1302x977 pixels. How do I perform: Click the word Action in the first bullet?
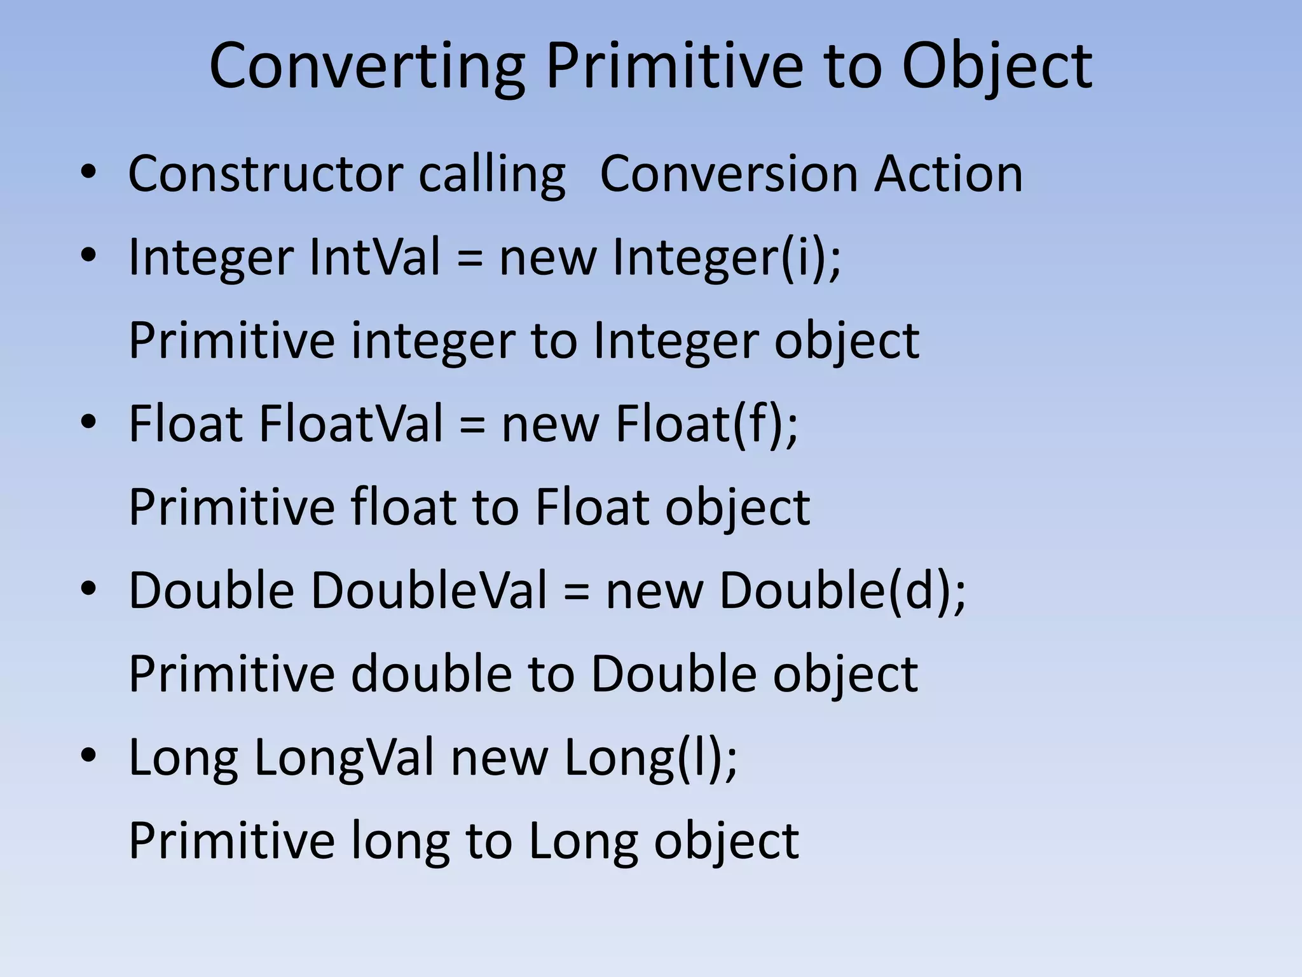tap(949, 174)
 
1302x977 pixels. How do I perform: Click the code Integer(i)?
tap(727, 258)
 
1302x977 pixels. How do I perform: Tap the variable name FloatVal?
tap(350, 424)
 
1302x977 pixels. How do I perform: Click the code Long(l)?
tap(651, 758)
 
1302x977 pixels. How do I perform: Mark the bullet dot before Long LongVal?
tap(88, 756)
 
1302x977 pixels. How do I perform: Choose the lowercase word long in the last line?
tap(400, 841)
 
